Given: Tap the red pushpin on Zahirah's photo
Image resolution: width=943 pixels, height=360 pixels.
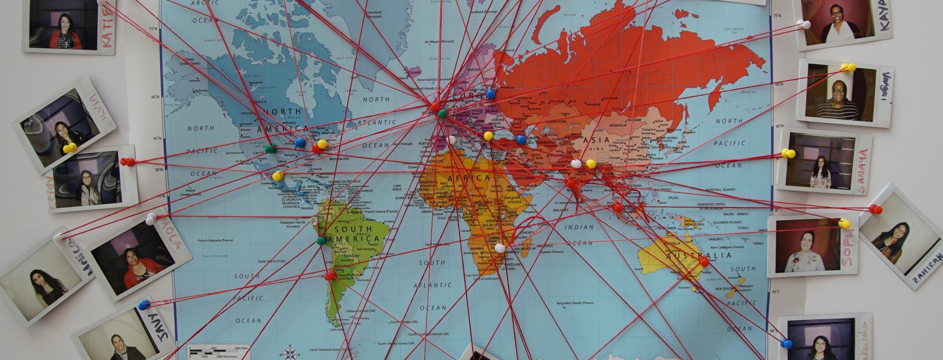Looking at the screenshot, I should tap(875, 210).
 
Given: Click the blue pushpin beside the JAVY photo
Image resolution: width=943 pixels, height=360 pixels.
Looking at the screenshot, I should tap(143, 305).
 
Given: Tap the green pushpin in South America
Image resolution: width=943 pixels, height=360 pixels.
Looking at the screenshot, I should tap(320, 241).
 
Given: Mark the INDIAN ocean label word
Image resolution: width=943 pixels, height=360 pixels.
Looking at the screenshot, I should tap(579, 227).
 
